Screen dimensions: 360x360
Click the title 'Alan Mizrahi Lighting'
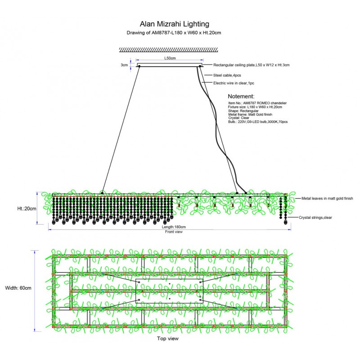click(x=174, y=24)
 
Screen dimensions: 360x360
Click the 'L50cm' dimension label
click(x=170, y=58)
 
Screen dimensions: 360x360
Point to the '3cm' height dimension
click(x=124, y=65)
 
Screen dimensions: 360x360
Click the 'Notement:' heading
click(x=241, y=96)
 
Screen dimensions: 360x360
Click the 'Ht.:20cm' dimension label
click(x=27, y=208)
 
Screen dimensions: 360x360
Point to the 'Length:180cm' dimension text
click(x=174, y=227)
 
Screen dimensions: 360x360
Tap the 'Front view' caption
click(x=174, y=232)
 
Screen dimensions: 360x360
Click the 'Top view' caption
click(x=168, y=338)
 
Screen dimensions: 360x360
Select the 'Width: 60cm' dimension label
click(x=18, y=288)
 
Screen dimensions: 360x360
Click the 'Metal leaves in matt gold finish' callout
click(x=327, y=198)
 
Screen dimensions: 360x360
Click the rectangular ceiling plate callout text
click(x=251, y=65)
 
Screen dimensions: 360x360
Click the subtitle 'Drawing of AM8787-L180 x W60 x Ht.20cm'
click(x=174, y=33)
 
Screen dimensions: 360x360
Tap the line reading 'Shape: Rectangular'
click(x=244, y=111)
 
